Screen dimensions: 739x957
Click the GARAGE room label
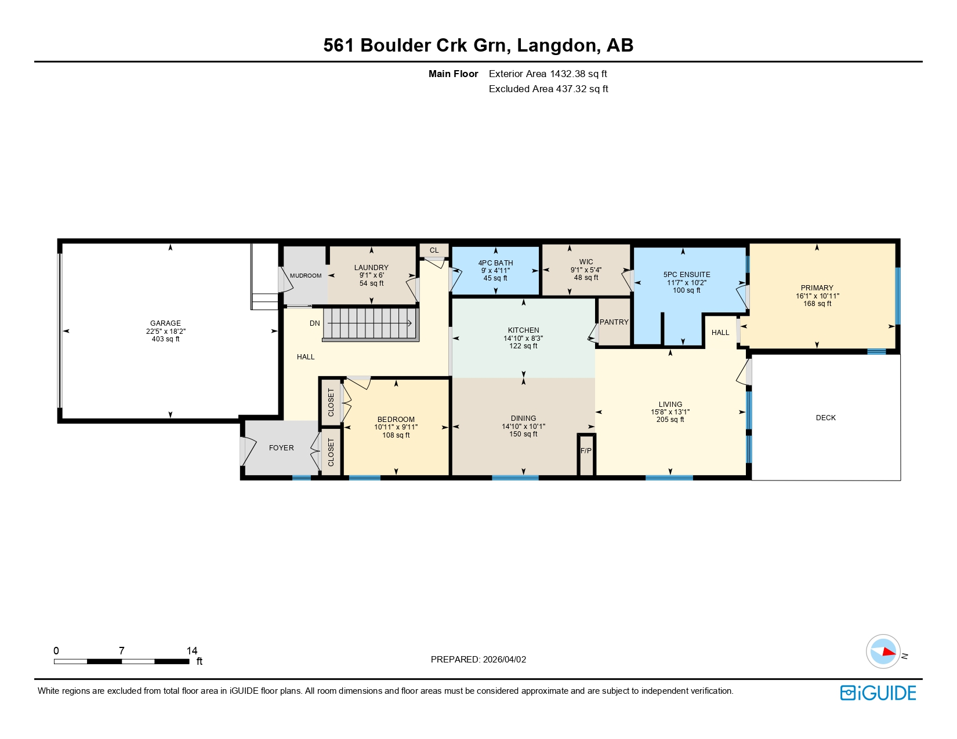tap(165, 323)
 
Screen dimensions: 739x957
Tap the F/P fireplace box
tap(586, 451)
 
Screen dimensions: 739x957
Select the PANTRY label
tap(614, 322)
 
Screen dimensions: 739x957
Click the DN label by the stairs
tap(314, 323)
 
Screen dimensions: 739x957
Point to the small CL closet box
tap(434, 250)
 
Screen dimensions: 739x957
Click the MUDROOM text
tap(305, 276)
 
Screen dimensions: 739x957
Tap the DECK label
tap(825, 418)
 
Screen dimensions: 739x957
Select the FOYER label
tap(281, 448)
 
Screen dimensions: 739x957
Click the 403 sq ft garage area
tap(165, 339)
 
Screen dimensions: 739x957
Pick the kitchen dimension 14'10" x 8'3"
tap(523, 338)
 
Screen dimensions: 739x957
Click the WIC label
tap(586, 262)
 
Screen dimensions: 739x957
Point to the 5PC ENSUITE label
tap(687, 275)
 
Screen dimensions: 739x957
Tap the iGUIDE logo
tap(878, 693)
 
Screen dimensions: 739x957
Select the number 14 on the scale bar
tap(191, 651)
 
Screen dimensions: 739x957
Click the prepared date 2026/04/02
tap(504, 660)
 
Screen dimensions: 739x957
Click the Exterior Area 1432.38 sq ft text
tap(548, 74)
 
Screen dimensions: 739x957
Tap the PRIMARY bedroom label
tap(817, 288)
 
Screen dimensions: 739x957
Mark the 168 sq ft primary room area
tap(817, 304)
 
